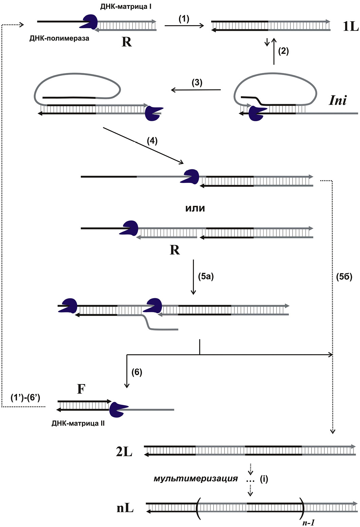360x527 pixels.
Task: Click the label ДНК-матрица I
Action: click(x=126, y=6)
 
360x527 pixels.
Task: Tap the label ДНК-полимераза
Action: click(x=59, y=38)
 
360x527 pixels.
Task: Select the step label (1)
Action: click(x=184, y=19)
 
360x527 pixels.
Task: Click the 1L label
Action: click(x=350, y=26)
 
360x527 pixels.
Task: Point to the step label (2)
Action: click(x=283, y=51)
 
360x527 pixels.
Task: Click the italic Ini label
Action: click(x=338, y=100)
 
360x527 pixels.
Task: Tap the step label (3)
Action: click(x=197, y=83)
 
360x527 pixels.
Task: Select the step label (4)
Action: click(x=152, y=140)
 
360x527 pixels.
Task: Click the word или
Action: click(x=195, y=208)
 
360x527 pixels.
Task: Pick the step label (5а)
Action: click(x=206, y=277)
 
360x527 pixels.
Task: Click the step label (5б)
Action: click(x=344, y=277)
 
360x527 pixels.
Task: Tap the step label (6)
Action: click(x=137, y=372)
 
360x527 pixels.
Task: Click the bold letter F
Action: click(x=81, y=389)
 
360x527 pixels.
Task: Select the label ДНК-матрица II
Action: click(x=78, y=423)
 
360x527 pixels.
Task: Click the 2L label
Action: click(x=124, y=452)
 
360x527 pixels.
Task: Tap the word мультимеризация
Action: click(x=196, y=479)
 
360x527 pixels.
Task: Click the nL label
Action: click(x=125, y=508)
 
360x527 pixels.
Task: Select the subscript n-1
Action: click(x=308, y=522)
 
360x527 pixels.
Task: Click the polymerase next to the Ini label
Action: click(x=257, y=113)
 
